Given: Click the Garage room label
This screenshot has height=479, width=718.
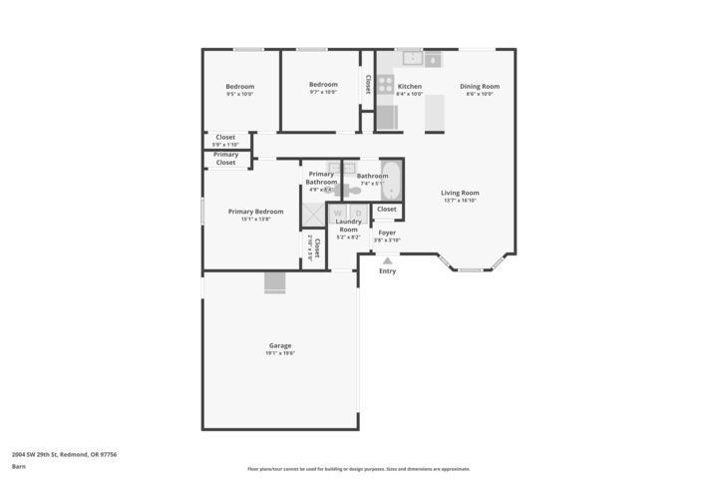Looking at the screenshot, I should [x=279, y=346].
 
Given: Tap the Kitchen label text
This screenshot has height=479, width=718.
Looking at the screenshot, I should [x=410, y=87].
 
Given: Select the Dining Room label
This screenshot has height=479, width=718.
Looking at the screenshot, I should [x=479, y=87].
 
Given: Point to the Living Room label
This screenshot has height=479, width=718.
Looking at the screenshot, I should [x=461, y=194].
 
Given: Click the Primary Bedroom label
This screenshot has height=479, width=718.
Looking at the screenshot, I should [x=255, y=212].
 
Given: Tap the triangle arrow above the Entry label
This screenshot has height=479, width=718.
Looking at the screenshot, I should [x=387, y=260].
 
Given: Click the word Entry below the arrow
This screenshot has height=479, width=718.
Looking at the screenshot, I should [x=387, y=271].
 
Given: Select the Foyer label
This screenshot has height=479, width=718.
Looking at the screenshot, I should [x=387, y=233].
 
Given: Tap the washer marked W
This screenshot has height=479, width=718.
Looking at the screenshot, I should [x=337, y=214].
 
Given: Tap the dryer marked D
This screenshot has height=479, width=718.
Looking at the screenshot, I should [x=358, y=214].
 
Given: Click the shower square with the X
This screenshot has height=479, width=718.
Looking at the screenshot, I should [x=314, y=215].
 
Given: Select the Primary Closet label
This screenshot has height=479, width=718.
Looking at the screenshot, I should [x=226, y=159].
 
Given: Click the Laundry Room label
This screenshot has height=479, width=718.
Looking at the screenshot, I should [x=348, y=226].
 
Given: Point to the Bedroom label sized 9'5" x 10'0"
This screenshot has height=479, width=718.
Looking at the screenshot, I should [x=239, y=86].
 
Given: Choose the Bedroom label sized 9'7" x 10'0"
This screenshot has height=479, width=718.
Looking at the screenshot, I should [x=323, y=85].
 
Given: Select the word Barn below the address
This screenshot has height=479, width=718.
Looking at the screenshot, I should [x=19, y=466].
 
